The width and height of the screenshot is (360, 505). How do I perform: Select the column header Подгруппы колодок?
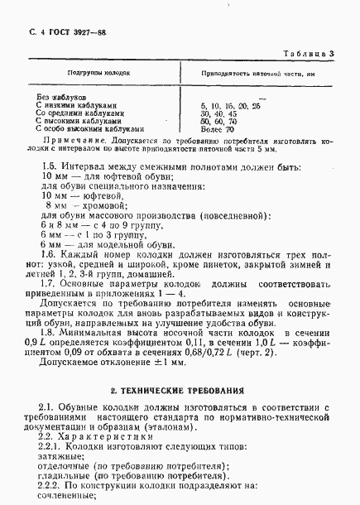[100, 73]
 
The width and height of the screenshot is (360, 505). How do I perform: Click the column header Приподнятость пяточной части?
[239, 73]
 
